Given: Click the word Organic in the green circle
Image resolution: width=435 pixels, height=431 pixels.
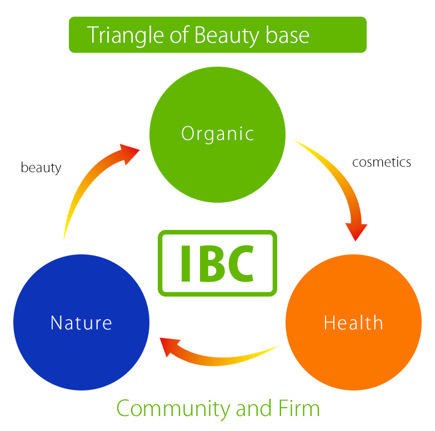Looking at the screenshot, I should coord(218,134).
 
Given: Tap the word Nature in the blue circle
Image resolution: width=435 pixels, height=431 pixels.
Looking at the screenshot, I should coord(81,323).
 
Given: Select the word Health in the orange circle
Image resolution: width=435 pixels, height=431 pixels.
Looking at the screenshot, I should coord(353,323).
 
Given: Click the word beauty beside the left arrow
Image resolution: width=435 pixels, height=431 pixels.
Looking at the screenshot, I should coord(41,167).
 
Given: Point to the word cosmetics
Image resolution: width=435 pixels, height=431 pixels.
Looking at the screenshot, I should coord(382,162).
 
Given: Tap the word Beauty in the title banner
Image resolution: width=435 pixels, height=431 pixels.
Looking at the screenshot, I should coord(226,35).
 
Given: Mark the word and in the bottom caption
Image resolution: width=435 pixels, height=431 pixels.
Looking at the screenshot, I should coord(253,409).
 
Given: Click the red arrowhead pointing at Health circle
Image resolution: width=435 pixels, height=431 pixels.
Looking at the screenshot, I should coord(356,230).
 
